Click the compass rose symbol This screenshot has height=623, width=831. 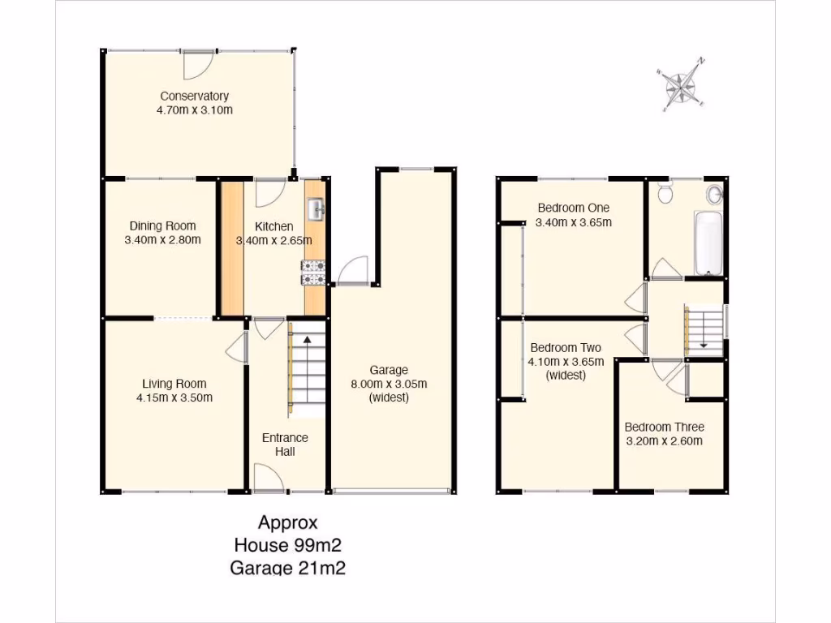682,84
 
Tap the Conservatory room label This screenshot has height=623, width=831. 194,96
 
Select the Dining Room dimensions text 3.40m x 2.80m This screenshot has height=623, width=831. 162,240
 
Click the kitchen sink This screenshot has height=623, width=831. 315,209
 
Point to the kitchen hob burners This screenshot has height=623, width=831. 314,273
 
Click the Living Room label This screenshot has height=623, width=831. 174,384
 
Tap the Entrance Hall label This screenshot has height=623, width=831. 285,444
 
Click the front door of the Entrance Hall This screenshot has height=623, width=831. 268,478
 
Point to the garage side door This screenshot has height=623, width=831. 354,270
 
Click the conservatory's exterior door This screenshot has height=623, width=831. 198,62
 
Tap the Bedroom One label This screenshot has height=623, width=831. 573,208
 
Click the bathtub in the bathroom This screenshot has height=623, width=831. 708,243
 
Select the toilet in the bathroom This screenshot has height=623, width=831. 665,193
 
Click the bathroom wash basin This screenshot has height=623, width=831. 715,195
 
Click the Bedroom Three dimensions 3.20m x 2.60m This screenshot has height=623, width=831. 663,441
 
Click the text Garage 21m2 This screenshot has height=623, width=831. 288,568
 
